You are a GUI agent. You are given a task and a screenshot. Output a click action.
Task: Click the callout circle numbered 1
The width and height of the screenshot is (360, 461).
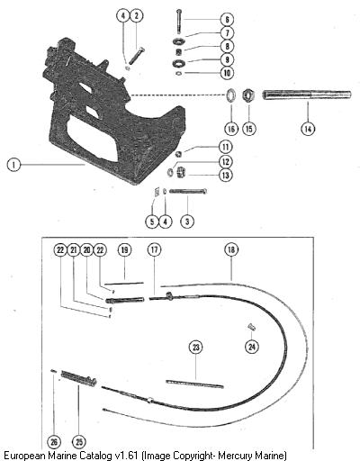(13, 165)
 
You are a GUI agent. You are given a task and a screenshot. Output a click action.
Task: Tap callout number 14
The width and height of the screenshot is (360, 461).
(308, 129)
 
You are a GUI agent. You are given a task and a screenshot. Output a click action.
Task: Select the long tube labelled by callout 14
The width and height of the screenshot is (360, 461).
(307, 95)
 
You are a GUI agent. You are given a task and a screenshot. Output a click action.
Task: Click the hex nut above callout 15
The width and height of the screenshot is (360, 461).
(248, 95)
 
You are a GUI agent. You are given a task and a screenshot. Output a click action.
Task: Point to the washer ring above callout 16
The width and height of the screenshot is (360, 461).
(231, 95)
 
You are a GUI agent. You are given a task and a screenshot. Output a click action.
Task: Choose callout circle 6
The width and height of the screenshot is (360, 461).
(227, 20)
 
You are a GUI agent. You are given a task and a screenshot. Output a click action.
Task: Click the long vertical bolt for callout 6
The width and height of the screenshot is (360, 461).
(179, 21)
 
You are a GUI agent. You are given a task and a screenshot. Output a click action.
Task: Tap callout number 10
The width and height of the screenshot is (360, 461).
(227, 73)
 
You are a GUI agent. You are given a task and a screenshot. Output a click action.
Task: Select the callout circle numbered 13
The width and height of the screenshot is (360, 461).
(226, 175)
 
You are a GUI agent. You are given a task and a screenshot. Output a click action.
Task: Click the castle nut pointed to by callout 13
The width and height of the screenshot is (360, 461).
(181, 172)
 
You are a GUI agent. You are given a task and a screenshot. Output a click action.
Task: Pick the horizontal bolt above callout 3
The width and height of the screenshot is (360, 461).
(188, 191)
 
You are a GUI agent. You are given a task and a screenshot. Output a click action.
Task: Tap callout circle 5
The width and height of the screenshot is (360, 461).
(152, 221)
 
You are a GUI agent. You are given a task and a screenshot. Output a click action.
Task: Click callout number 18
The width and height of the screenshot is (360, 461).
(231, 249)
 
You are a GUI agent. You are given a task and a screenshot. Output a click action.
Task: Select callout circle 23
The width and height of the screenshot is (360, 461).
(195, 348)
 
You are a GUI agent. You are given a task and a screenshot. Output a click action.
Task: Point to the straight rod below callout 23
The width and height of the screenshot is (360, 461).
(194, 384)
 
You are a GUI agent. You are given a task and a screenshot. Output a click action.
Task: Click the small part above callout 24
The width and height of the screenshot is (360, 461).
(251, 327)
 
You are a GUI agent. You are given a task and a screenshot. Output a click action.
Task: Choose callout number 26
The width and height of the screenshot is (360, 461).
(54, 442)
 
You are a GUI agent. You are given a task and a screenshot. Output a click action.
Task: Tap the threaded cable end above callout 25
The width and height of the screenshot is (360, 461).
(79, 378)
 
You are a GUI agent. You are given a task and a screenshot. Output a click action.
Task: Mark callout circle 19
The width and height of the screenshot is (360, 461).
(124, 249)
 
